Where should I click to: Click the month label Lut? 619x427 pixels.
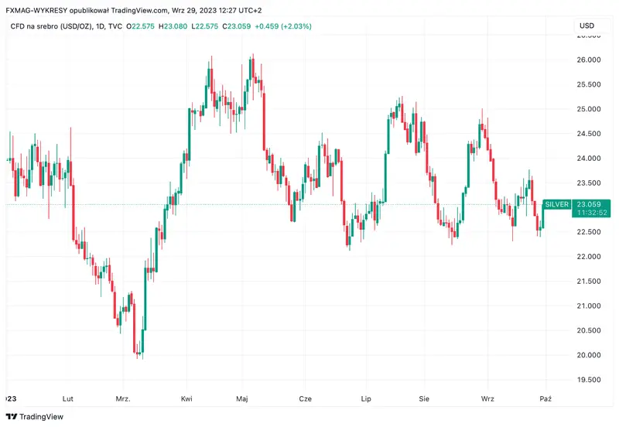[x=68, y=399]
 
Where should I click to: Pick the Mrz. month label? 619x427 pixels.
[x=122, y=399]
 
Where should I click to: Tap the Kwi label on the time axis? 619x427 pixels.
[x=186, y=399]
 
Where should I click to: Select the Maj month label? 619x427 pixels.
[x=242, y=399]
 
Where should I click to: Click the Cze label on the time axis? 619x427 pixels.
[x=305, y=399]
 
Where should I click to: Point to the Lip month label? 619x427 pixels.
[x=367, y=399]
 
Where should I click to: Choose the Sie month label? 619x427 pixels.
[x=423, y=399]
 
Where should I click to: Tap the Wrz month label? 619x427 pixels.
[x=487, y=399]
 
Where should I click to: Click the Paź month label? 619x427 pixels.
[x=545, y=399]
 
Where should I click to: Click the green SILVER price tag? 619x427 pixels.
[x=556, y=204]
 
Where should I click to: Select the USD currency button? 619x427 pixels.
[x=587, y=26]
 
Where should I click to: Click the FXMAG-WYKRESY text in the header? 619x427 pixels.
[x=41, y=10]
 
